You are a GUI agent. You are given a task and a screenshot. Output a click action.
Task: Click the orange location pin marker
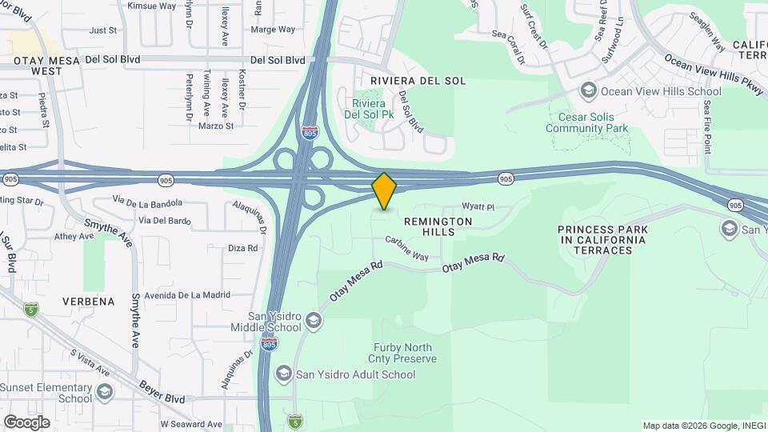click(x=384, y=191)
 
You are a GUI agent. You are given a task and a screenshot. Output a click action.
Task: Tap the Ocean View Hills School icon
click(x=590, y=90)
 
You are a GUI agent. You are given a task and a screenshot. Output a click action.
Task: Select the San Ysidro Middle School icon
click(x=314, y=322)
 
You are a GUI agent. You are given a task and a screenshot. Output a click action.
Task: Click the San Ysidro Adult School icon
click(x=283, y=374)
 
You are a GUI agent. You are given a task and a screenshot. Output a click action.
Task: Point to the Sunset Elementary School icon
click(x=105, y=393)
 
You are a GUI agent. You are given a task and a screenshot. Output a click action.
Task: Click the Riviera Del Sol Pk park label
click(x=369, y=109)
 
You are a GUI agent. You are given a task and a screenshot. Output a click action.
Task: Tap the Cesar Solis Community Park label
click(x=587, y=122)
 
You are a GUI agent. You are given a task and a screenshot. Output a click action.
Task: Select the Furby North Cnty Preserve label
click(x=404, y=353)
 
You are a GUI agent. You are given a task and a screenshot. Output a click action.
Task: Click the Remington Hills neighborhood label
click(x=439, y=226)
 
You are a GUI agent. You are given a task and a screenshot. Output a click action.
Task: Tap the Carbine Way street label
click(x=406, y=248)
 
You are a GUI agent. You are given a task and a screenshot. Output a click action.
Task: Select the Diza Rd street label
click(x=242, y=248)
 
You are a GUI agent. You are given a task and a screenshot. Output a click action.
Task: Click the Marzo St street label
click(x=215, y=126)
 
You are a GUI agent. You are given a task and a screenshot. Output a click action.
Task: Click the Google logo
click(x=26, y=422)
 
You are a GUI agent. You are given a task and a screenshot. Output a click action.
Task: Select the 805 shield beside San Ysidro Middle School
click(x=270, y=344)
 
